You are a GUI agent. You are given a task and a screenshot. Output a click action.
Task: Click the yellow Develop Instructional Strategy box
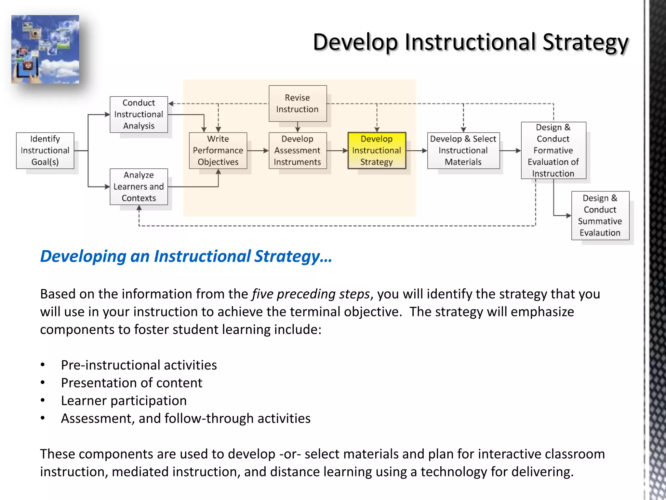pos(377,150)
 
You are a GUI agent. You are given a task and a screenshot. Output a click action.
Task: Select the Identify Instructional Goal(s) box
pos(45,150)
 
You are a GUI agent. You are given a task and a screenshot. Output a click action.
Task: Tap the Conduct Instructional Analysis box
pos(139,114)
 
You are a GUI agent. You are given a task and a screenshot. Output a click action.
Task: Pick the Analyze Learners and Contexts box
pos(139,187)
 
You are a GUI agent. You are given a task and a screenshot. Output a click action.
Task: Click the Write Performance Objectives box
pos(218,150)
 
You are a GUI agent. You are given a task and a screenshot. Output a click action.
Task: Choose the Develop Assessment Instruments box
pos(297,150)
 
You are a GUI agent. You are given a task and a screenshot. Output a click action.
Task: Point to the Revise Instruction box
pos(297,104)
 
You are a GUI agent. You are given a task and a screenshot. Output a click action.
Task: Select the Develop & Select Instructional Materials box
pos(463,150)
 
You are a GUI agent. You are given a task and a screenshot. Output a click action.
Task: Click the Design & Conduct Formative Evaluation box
pos(553,150)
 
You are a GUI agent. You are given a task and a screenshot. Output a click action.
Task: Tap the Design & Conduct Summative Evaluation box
pos(600,215)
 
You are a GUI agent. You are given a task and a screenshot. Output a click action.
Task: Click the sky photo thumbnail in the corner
pos(45,49)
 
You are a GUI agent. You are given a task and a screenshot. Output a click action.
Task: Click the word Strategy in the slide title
pos(585,42)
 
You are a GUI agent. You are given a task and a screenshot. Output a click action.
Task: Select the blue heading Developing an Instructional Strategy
pos(186,256)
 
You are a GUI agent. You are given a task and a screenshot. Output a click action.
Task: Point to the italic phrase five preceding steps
pos(311,294)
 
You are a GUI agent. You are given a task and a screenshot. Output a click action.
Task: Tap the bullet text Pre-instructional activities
pos(139,365)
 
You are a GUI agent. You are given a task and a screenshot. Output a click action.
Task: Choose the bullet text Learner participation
pos(124,400)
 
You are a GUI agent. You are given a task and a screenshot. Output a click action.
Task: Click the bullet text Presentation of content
pos(132,383)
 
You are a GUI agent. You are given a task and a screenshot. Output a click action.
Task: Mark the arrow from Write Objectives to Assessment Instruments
pos(258,151)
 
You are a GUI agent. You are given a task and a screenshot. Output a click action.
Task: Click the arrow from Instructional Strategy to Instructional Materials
pos(417,151)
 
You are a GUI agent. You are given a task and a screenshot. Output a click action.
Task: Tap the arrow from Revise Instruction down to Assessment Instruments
pos(297,127)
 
